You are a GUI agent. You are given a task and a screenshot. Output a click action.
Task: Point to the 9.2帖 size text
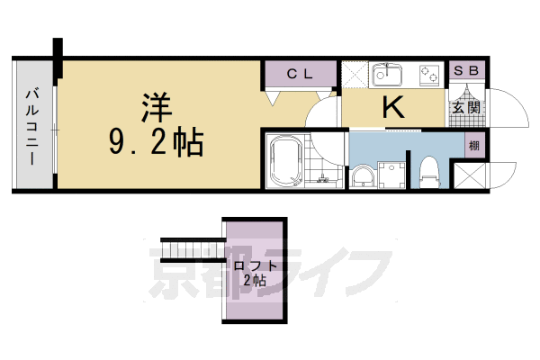pyautogui.click(x=157, y=140)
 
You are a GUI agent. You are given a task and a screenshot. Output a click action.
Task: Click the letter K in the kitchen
pyautogui.click(x=393, y=108)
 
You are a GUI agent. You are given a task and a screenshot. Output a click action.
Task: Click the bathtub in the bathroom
pyautogui.click(x=286, y=161)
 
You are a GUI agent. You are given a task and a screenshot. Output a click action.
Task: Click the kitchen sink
pyautogui.click(x=391, y=75)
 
